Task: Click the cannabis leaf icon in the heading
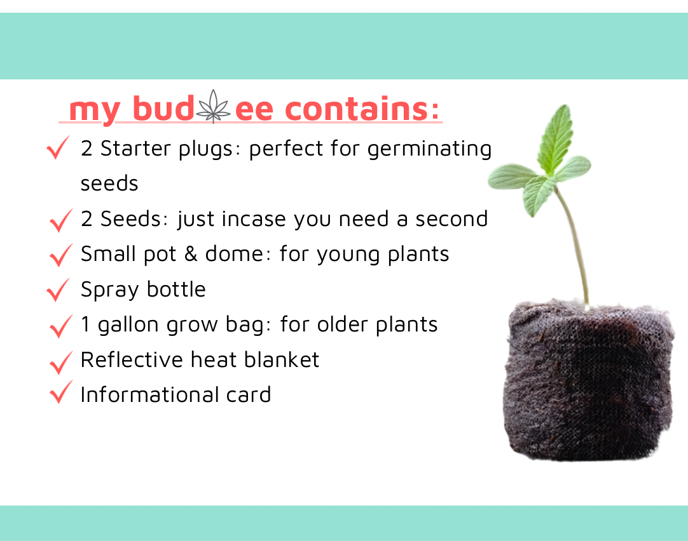tap(214, 107)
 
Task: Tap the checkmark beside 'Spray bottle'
tap(58, 291)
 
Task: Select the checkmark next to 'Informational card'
tap(60, 394)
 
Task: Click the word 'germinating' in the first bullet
tap(430, 149)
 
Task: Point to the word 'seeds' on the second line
tap(109, 184)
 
